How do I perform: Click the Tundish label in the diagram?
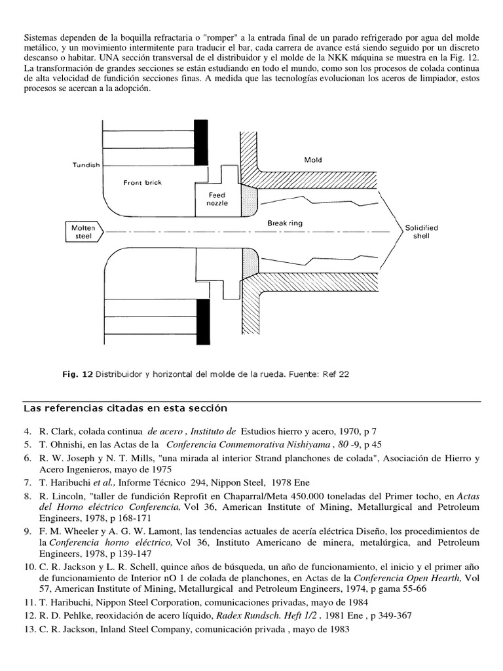click(x=85, y=165)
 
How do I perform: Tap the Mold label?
click(x=313, y=159)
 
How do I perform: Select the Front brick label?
click(x=141, y=183)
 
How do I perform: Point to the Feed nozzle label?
click(x=217, y=199)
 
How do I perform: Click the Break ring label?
click(x=285, y=223)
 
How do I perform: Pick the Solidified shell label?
click(x=421, y=231)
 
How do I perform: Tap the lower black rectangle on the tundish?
click(x=202, y=322)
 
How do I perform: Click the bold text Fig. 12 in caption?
click(x=77, y=374)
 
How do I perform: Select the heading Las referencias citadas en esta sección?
click(x=124, y=408)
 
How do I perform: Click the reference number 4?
click(x=27, y=432)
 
